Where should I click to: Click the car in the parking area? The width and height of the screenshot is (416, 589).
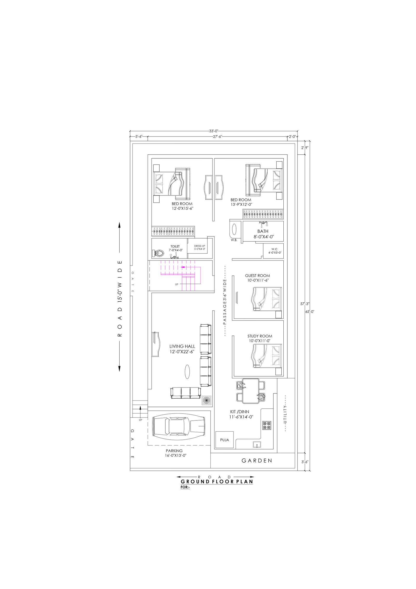tap(179, 429)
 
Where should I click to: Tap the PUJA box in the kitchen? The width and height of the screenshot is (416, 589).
tap(224, 440)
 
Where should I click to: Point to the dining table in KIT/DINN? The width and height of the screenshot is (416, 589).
tap(251, 391)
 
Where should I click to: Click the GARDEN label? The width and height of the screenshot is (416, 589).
tap(257, 461)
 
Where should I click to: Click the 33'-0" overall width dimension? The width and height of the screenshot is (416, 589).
tap(214, 131)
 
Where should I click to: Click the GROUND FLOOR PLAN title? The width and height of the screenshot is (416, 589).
tap(217, 481)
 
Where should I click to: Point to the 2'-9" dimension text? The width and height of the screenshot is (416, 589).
tap(305, 148)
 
